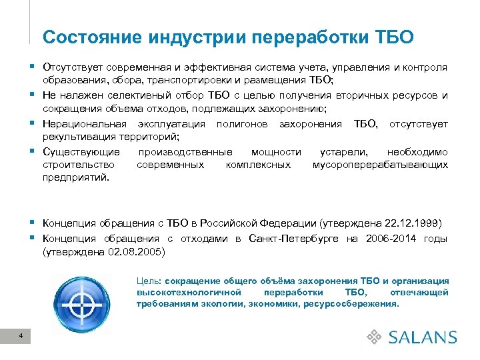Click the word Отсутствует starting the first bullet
click(x=72, y=67)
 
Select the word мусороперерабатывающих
click(x=380, y=165)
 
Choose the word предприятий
click(x=75, y=178)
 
